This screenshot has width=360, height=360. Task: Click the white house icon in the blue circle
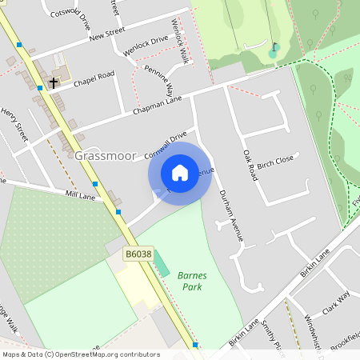coord(180,173)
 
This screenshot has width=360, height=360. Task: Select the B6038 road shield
coord(138,254)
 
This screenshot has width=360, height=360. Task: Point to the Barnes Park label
coord(192,281)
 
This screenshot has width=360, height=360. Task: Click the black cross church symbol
coord(54,82)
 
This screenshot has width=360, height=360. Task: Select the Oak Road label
coord(250,163)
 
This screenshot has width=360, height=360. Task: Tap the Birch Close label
coord(275,160)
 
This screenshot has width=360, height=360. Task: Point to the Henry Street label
coord(15,126)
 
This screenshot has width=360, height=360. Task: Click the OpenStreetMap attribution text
coord(80,354)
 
